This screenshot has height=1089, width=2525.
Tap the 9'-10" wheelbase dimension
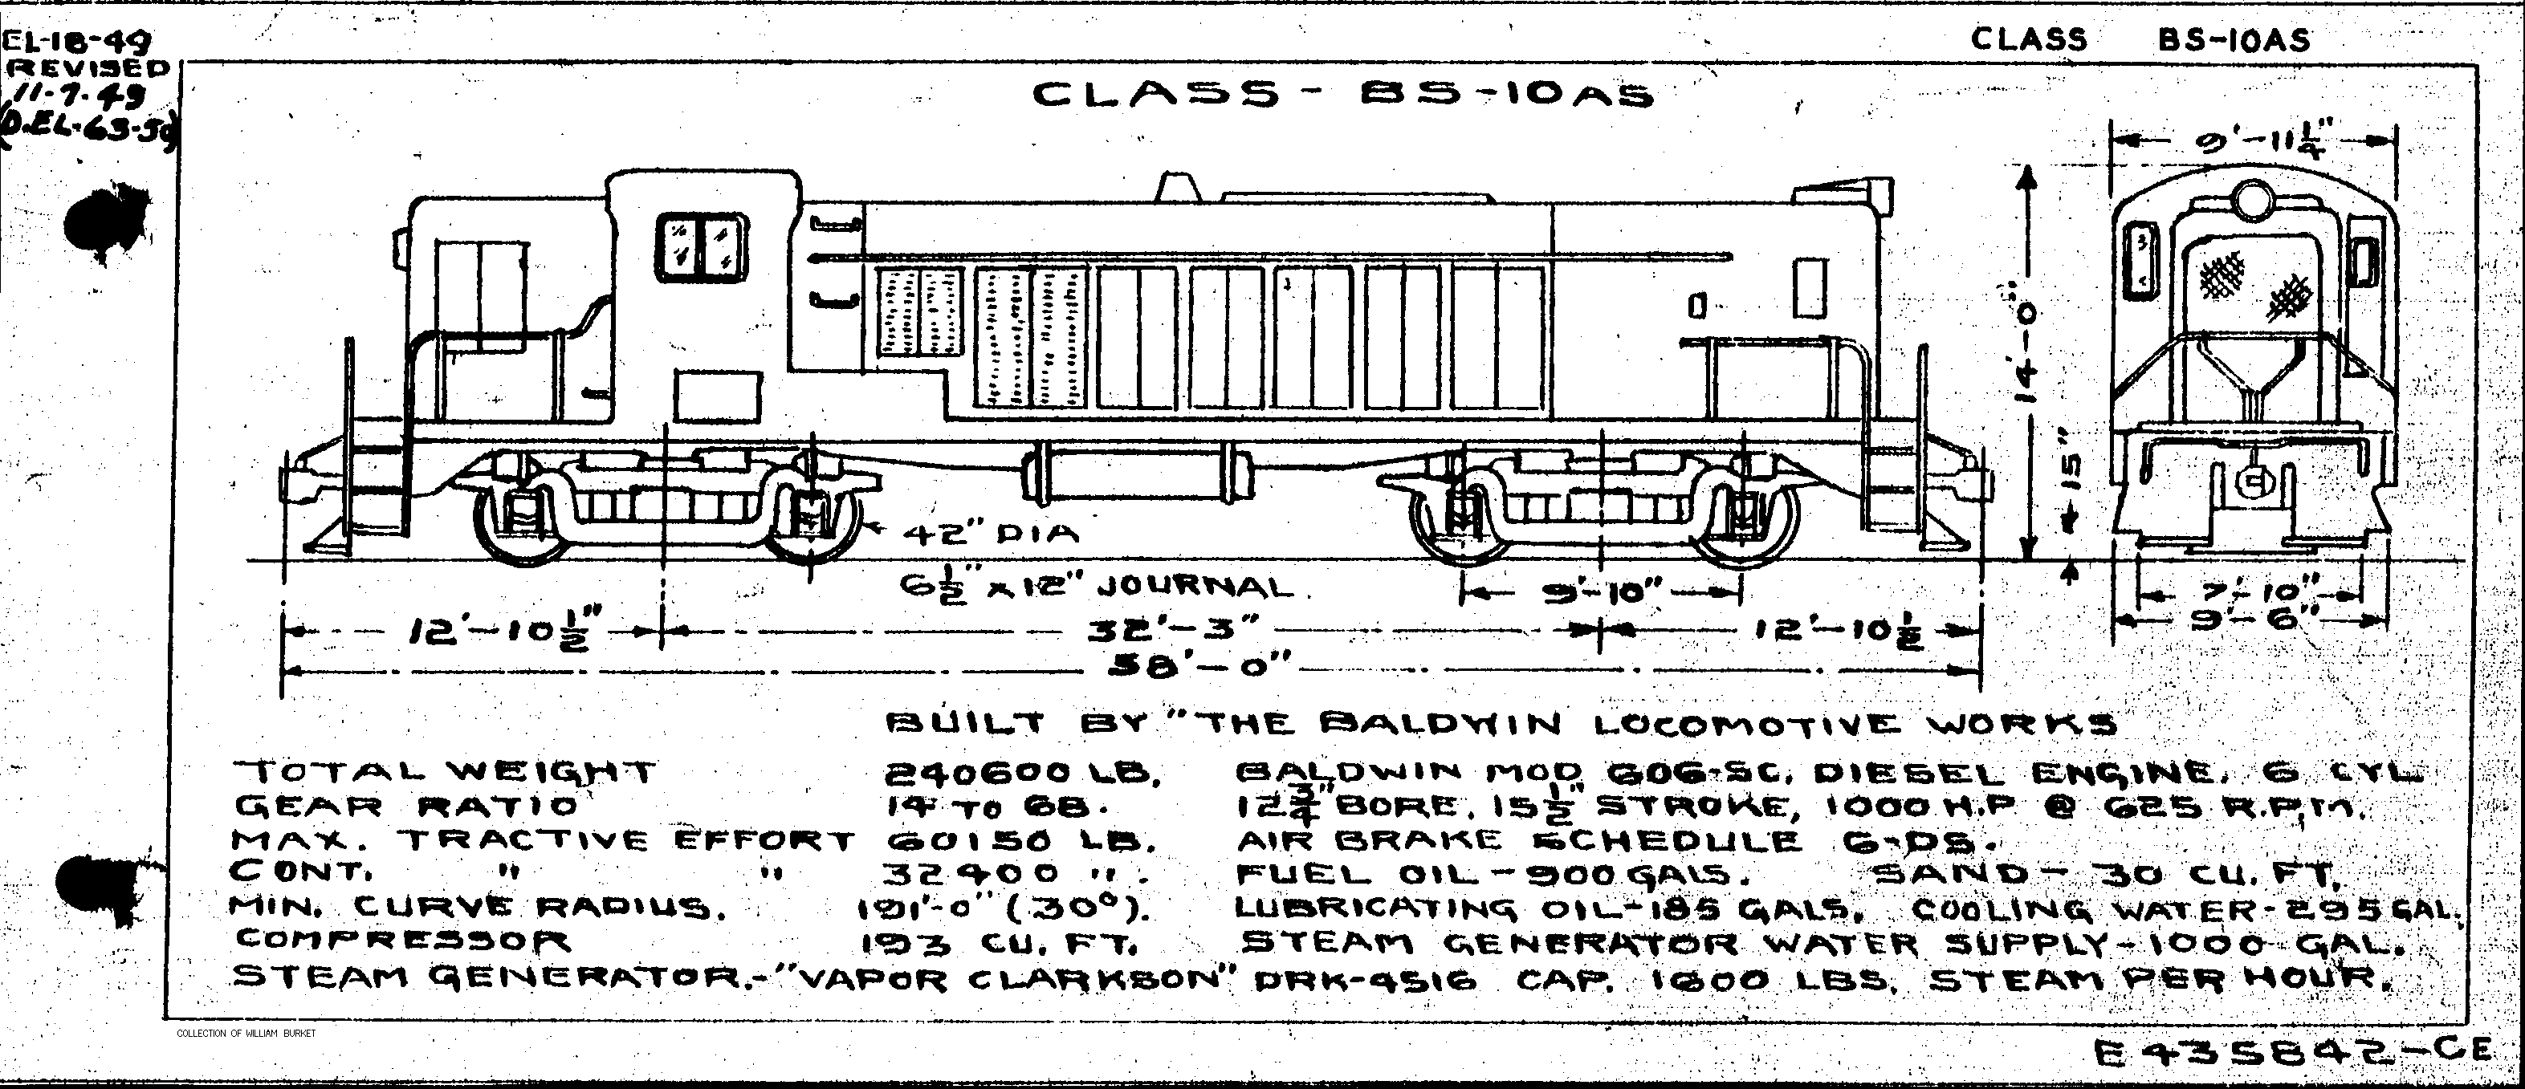1601,593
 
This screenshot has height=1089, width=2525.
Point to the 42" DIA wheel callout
989,534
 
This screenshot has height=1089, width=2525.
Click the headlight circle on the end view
2251,198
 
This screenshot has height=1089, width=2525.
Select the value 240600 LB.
1024,774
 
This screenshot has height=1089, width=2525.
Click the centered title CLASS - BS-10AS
1343,95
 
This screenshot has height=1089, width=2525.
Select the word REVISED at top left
88,67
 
